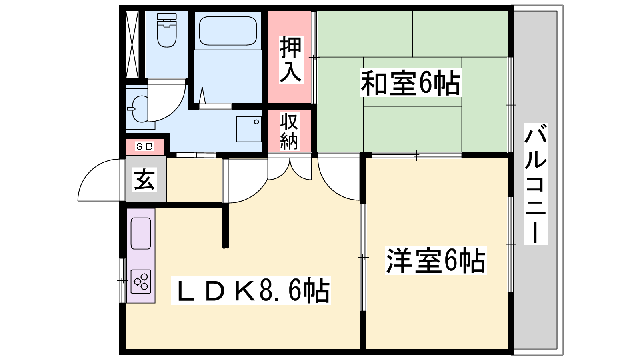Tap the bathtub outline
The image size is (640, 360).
[x=228, y=31]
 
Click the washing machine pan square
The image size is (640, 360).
[x=248, y=129]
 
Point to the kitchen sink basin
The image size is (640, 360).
[x=140, y=233]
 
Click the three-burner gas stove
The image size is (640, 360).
[x=141, y=282]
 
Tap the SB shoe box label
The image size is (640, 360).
[x=144, y=146]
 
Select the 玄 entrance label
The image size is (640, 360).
[x=144, y=180]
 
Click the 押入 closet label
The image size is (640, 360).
[x=290, y=60]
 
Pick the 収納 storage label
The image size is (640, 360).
[x=289, y=131]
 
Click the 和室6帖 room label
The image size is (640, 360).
[x=410, y=83]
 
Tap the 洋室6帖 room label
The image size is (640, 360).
[x=436, y=260]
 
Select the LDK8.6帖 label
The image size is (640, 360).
[x=251, y=290]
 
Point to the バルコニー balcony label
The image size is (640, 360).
[x=536, y=184]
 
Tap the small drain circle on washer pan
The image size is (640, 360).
[x=256, y=122]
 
